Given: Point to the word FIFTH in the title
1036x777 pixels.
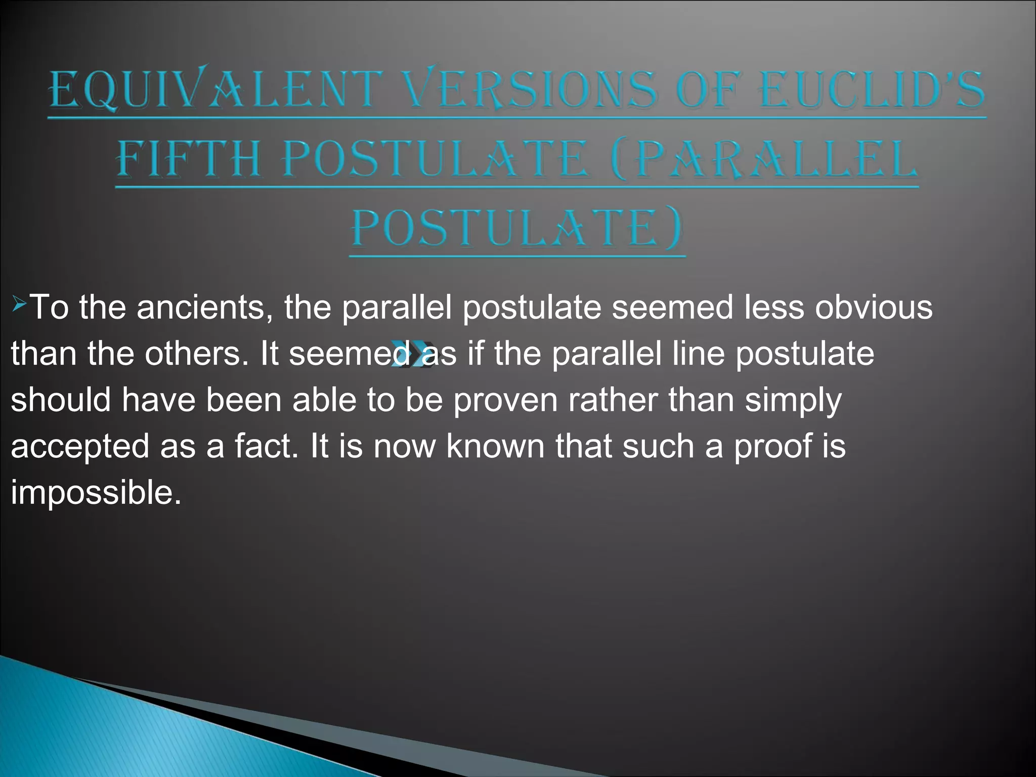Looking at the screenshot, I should (x=189, y=159).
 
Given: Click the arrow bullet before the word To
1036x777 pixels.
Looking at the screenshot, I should (x=20, y=305).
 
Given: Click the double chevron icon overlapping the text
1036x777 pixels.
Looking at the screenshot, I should (x=410, y=354).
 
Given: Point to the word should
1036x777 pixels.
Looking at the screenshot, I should (x=61, y=400).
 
